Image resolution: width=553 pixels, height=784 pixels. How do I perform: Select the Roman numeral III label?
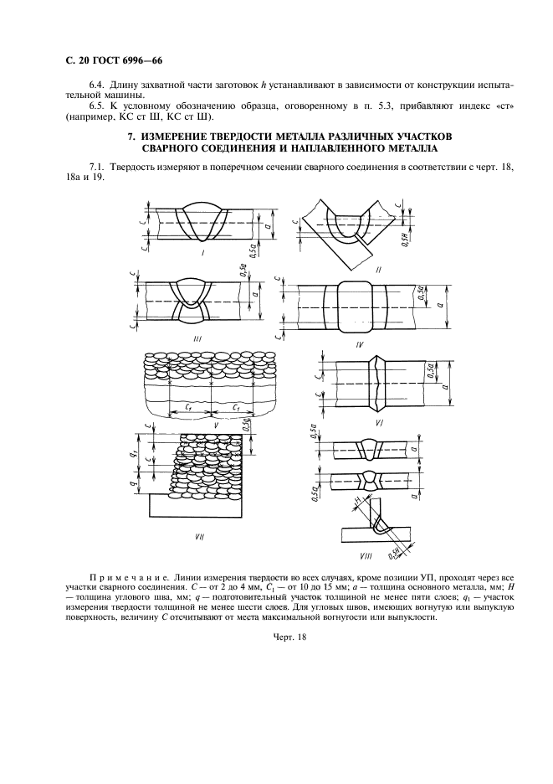197,338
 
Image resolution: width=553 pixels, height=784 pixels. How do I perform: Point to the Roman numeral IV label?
358,343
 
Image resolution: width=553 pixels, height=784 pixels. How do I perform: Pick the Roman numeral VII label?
199,536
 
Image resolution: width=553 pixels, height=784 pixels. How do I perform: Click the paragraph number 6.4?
98,85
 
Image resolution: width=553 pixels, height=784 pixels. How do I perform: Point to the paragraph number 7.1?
98,168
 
